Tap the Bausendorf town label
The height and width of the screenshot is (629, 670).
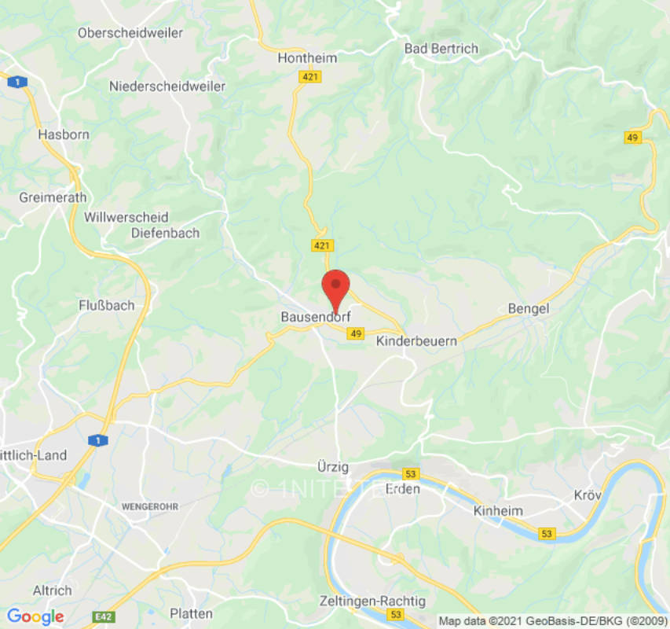point(315,318)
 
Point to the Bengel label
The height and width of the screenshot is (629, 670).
point(529,309)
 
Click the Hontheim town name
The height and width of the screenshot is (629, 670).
point(308,58)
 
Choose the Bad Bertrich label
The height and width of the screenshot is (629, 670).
point(441,49)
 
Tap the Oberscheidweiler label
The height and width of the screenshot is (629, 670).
point(130,33)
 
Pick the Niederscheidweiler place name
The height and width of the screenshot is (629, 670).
point(167,86)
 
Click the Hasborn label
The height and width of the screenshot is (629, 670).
point(64,134)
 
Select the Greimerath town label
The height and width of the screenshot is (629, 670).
point(53,197)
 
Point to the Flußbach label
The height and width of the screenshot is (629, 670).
point(107,305)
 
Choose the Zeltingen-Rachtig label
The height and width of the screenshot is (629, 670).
point(372,601)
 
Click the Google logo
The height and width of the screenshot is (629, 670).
point(35,617)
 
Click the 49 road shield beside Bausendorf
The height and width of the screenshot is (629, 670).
point(357,334)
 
